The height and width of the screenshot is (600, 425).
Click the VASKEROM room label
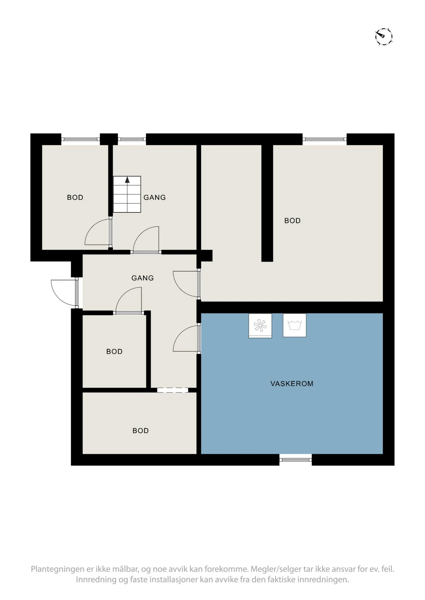pyautogui.click(x=292, y=384)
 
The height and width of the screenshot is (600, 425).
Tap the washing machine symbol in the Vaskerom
pyautogui.click(x=294, y=325)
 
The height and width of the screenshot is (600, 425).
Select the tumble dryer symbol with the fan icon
pyautogui.click(x=260, y=326)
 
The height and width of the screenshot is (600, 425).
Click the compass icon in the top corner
pyautogui.click(x=384, y=36)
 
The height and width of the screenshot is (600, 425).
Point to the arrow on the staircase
pyautogui.click(x=127, y=180)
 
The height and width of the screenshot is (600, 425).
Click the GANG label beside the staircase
pyautogui.click(x=155, y=197)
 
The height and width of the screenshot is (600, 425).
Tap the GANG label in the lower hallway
pyautogui.click(x=143, y=278)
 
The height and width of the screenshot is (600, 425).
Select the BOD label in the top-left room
pyautogui.click(x=75, y=197)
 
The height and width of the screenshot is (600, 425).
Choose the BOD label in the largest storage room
pyautogui.click(x=292, y=221)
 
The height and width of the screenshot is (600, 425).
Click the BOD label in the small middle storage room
pyautogui.click(x=115, y=352)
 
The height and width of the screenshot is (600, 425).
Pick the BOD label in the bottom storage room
pyautogui.click(x=141, y=431)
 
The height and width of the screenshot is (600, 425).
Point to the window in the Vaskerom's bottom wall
pyautogui.click(x=295, y=460)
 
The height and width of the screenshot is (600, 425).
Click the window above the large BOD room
pyautogui.click(x=325, y=139)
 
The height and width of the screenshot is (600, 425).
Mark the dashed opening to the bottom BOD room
pyautogui.click(x=173, y=390)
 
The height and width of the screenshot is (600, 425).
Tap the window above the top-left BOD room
pyautogui.click(x=80, y=139)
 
